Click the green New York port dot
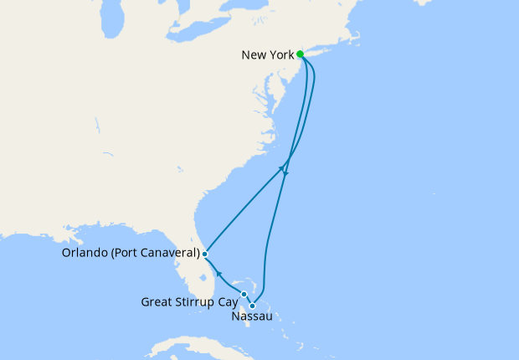click(x=300, y=55)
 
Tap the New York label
click(x=267, y=55)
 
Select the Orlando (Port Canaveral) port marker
click(x=204, y=253)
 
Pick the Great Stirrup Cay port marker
click(x=244, y=294)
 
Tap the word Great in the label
click(x=158, y=301)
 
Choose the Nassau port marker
click(x=252, y=306)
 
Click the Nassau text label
click(x=250, y=318)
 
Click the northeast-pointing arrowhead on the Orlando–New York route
click(x=281, y=167)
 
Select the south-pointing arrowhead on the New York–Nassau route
click(x=285, y=173)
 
